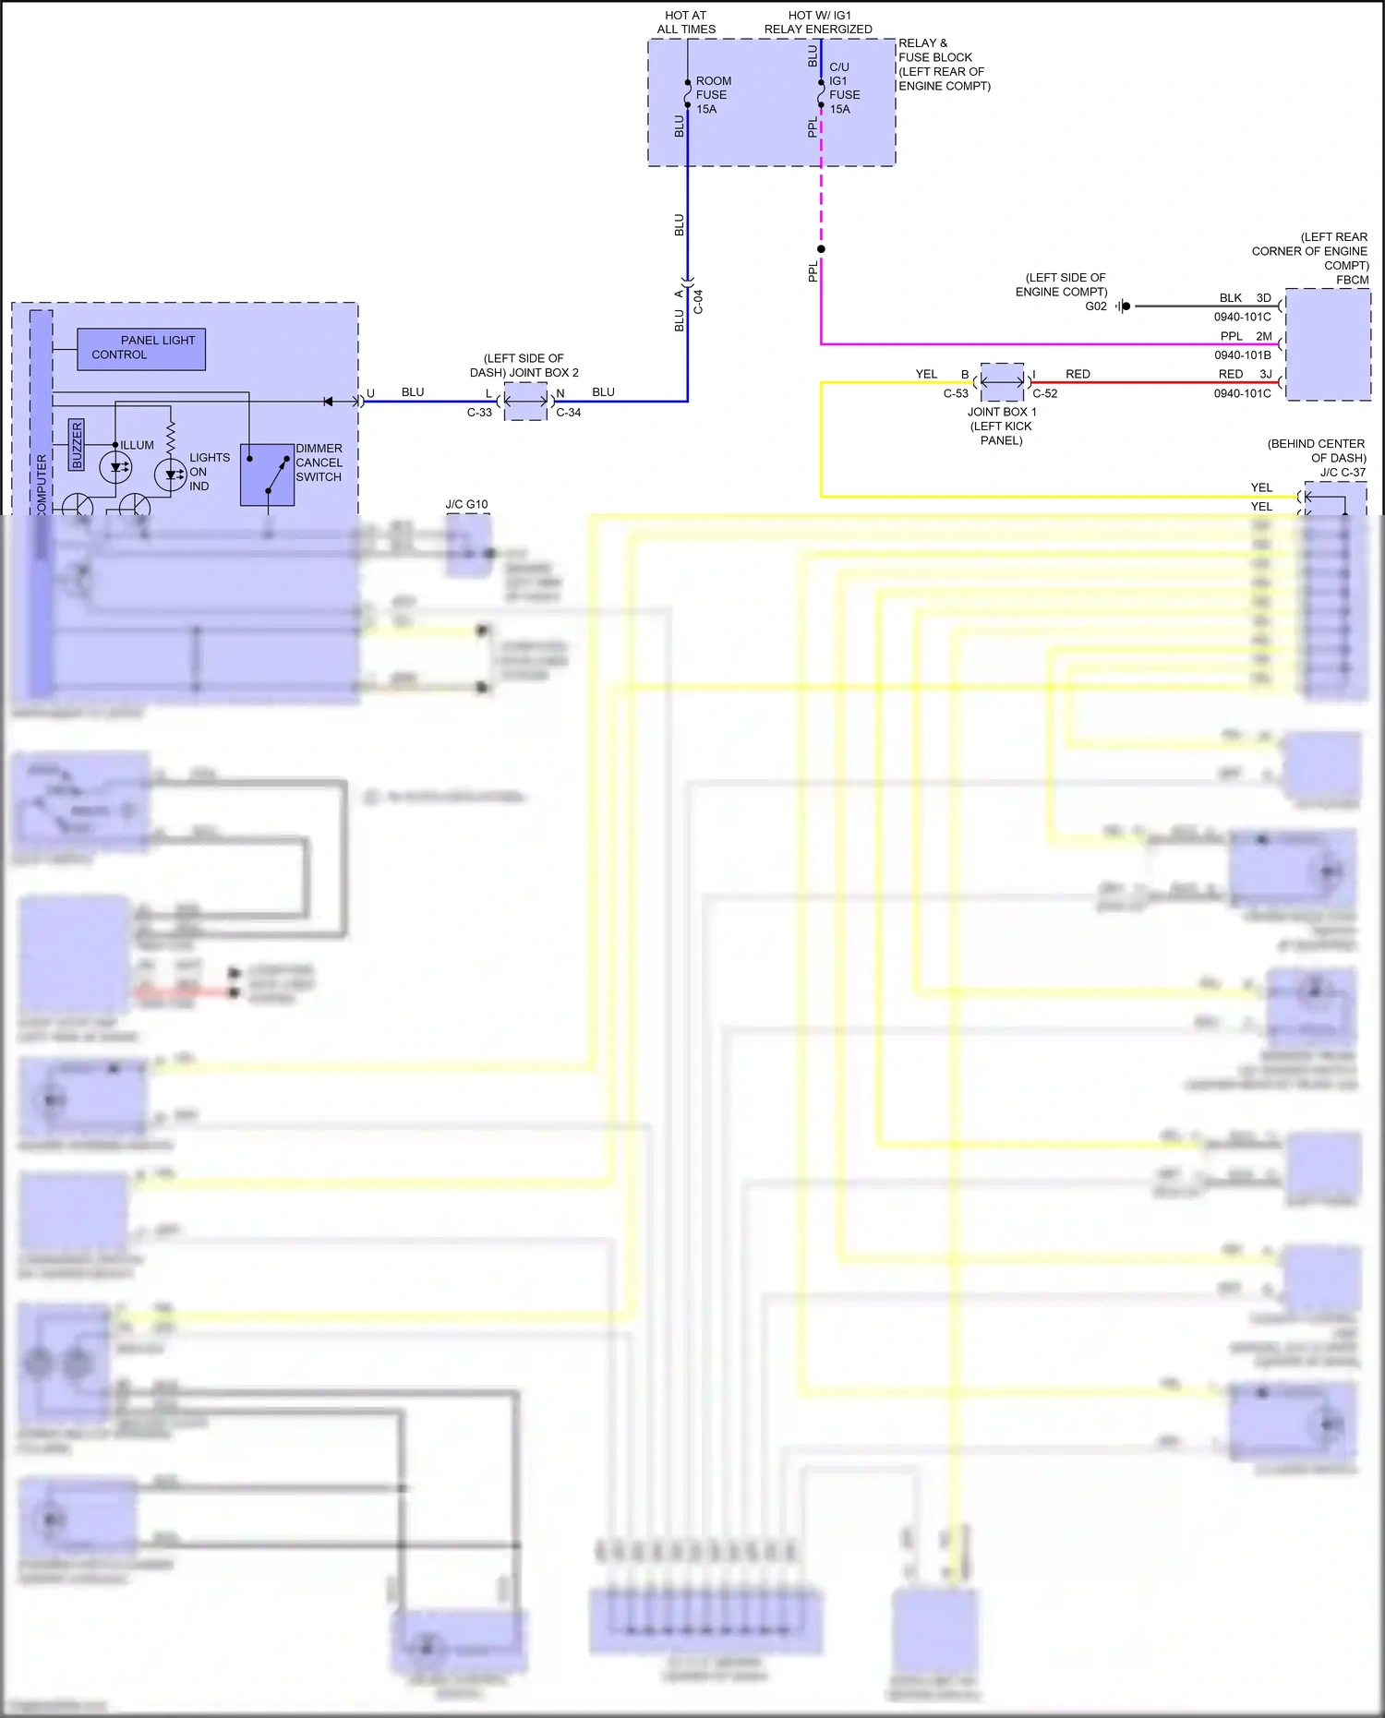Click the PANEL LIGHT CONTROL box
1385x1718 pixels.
(x=141, y=349)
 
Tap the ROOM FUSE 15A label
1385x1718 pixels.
(x=712, y=95)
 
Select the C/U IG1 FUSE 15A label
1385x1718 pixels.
(x=844, y=88)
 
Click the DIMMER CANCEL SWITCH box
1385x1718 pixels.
(x=267, y=475)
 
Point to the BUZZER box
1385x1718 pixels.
(x=77, y=444)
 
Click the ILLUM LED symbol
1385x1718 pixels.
(x=115, y=468)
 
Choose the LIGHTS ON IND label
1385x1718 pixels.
(x=209, y=472)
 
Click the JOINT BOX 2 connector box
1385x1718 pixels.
(x=526, y=401)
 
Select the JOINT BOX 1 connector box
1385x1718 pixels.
(x=1002, y=381)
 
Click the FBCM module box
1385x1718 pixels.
(x=1328, y=344)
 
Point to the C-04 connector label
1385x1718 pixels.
(x=699, y=302)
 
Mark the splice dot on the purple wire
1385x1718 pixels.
(x=821, y=249)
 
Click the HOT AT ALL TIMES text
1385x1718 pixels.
(x=686, y=22)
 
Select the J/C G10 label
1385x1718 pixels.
(x=466, y=504)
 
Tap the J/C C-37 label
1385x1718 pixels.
(x=1343, y=472)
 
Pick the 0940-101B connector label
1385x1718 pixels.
(x=1242, y=354)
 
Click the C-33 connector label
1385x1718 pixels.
(x=479, y=413)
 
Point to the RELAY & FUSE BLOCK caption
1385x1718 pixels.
(x=944, y=65)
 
